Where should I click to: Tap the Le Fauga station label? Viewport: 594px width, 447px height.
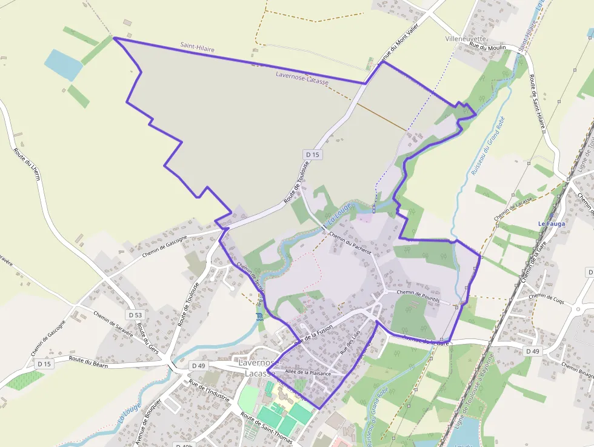[x=551, y=224]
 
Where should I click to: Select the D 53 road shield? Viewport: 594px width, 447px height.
[x=135, y=315]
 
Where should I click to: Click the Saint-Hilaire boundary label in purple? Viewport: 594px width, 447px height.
[x=197, y=47]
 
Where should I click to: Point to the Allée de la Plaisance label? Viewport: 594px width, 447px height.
[x=309, y=373]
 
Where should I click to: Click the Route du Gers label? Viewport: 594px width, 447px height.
[x=148, y=339]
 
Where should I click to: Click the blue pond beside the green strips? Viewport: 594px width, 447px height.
[x=63, y=64]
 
